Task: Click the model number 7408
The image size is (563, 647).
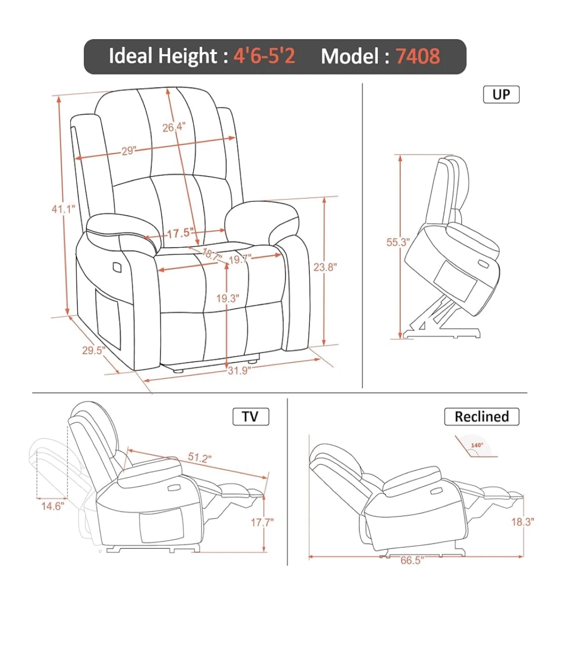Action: [418, 56]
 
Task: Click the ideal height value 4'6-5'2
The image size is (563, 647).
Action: [264, 56]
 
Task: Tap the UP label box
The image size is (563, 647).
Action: [501, 94]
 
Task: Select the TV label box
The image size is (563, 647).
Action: [250, 416]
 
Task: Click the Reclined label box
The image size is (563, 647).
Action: [482, 417]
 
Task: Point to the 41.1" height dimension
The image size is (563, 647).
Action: [63, 209]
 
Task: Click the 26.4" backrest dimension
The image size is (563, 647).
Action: [174, 128]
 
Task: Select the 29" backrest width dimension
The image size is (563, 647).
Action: [128, 151]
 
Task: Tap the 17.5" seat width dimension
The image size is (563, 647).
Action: [180, 233]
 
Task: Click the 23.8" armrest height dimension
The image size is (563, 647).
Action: [325, 267]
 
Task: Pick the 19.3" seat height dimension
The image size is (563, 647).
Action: [228, 298]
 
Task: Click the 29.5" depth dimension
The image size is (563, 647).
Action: [94, 350]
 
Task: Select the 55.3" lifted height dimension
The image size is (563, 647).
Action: [398, 242]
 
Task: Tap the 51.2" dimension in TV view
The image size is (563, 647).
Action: [200, 457]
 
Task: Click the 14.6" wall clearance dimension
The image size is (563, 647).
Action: [53, 506]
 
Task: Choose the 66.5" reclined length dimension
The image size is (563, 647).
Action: [412, 560]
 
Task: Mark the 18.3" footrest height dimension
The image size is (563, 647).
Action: [523, 522]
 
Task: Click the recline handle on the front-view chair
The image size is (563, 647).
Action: [118, 266]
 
